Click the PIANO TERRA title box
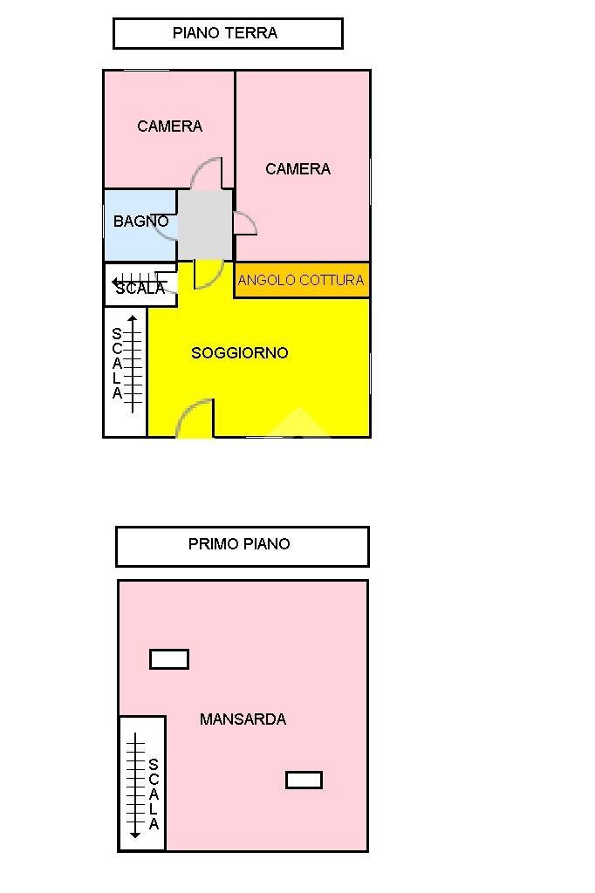[227, 33]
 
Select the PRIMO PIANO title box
[242, 545]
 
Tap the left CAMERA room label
[169, 126]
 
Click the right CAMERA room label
[297, 169]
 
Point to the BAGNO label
[140, 222]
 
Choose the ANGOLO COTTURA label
[301, 281]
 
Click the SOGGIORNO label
[239, 353]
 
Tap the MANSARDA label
[243, 719]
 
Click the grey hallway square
[205, 224]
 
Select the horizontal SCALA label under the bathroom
[140, 289]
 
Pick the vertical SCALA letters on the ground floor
[117, 364]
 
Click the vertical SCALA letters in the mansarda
[154, 794]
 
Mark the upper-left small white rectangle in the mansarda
[169, 659]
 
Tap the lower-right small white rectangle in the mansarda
[304, 780]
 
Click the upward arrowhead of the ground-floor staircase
[133, 319]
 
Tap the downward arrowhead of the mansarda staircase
[135, 835]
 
